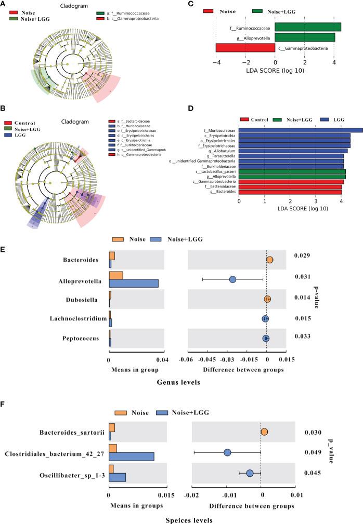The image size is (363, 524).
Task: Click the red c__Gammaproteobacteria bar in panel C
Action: pyautogui.click(x=245, y=48)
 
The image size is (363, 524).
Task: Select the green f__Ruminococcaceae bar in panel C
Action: pyautogui.click(x=307, y=27)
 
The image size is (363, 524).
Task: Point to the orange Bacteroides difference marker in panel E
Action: pyautogui.click(x=269, y=260)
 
